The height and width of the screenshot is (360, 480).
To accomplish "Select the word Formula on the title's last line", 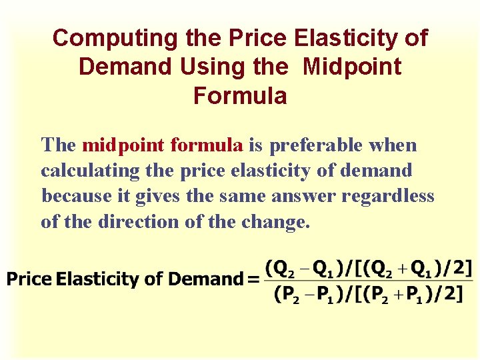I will tap(240, 96).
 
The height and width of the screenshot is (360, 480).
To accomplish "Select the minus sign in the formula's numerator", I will tap(304, 269).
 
